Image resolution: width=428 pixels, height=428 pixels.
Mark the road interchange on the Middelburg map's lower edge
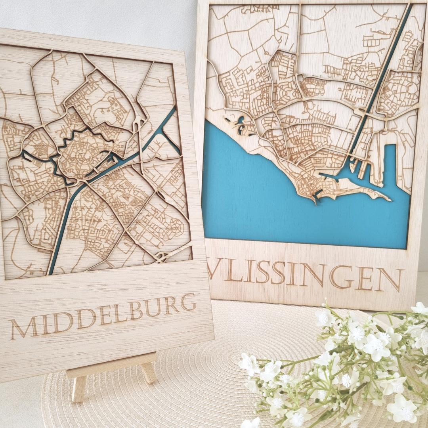163,257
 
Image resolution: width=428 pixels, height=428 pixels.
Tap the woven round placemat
198,380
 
